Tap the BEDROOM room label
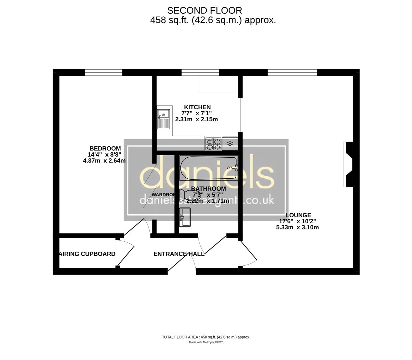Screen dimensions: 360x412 point(105,148)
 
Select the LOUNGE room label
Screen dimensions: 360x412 point(298,215)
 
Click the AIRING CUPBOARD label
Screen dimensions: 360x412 point(87,254)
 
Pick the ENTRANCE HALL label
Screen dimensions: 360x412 point(179,254)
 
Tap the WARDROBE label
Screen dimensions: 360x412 point(163,194)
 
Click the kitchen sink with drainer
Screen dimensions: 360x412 point(163,119)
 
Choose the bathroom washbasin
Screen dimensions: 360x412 point(185,217)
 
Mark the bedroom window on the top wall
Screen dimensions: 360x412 point(103,72)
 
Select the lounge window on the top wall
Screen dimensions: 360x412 point(292,72)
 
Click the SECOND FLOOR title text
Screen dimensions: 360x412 point(204,11)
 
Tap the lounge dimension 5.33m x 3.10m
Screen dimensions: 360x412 point(297,227)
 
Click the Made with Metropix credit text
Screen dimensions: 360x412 point(206,342)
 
